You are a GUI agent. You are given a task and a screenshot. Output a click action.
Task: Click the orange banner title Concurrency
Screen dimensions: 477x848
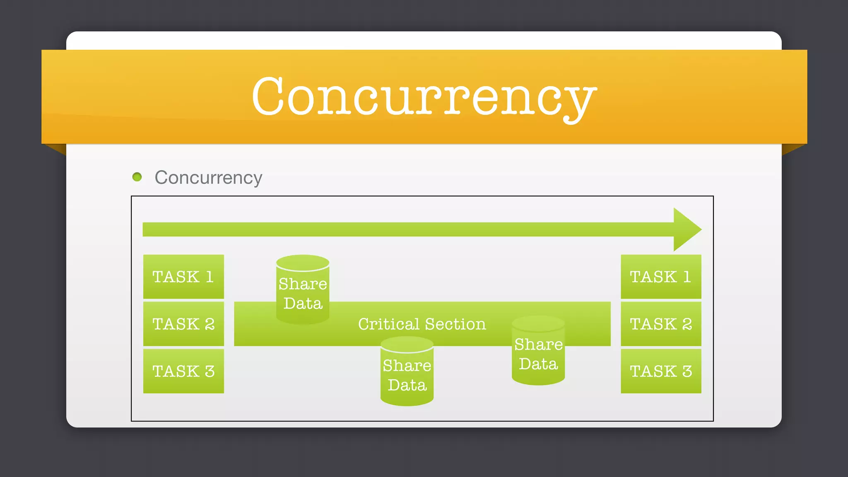[x=424, y=97]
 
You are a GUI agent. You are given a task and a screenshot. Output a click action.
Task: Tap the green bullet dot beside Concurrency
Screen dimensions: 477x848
[x=137, y=177]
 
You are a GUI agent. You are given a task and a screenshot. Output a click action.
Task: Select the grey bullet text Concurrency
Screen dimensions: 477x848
[x=208, y=178]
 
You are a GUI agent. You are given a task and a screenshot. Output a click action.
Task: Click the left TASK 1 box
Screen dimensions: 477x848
[x=183, y=277]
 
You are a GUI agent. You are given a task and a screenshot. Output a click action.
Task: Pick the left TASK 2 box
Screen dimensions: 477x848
[x=183, y=324]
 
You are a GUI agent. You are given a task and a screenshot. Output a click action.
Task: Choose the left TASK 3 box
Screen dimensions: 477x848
[x=183, y=371]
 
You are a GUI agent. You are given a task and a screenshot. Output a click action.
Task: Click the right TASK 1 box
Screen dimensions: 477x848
[x=661, y=277]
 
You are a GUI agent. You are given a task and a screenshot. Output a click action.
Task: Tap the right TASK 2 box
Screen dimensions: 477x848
[x=661, y=324]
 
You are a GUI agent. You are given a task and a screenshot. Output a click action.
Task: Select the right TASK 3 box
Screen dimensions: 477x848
[x=661, y=371]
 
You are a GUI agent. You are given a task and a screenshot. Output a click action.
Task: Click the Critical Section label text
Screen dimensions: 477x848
[x=422, y=324]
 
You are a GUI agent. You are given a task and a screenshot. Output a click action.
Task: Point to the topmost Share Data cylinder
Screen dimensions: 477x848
[x=303, y=290]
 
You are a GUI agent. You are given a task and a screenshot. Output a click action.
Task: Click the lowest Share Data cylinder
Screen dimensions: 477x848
[x=407, y=372]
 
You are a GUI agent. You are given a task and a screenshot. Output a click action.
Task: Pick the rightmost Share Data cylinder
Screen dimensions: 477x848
[x=538, y=351]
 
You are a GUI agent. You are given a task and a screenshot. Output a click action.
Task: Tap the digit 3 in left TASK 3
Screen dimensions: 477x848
[x=210, y=371]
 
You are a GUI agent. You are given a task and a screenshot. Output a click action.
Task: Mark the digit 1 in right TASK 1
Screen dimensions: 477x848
[x=687, y=277]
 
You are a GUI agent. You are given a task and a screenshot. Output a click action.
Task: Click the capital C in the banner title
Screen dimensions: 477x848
[x=269, y=96]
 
